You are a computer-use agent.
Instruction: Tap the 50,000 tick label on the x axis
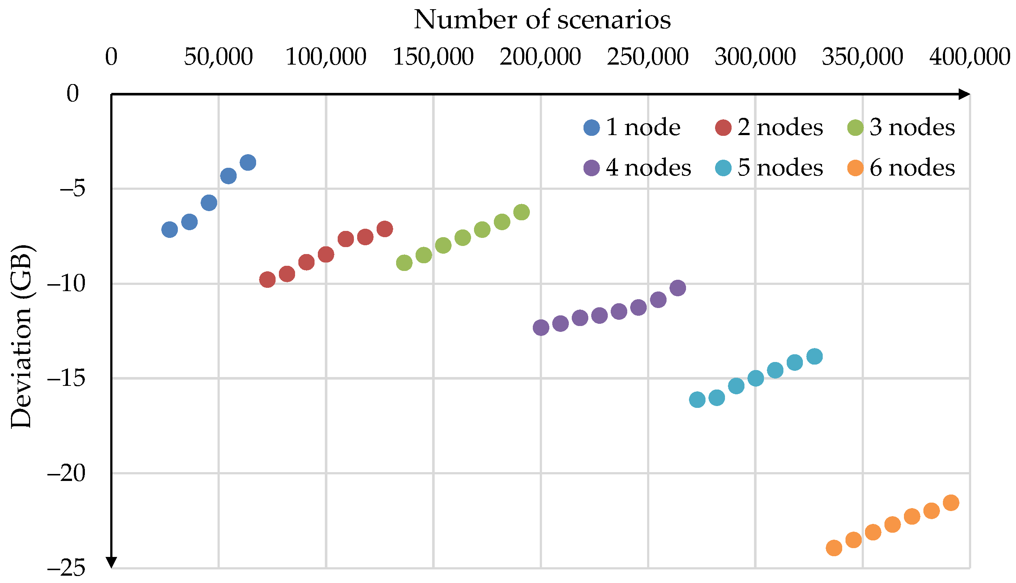[x=218, y=57]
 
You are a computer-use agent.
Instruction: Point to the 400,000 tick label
[x=970, y=57]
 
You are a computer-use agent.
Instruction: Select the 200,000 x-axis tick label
[x=540, y=57]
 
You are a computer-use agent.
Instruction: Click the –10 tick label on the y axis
[x=67, y=284]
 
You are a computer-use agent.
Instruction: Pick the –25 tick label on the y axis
[x=67, y=569]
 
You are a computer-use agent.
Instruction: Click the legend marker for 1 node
[x=592, y=128]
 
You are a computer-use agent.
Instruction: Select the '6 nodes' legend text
[x=912, y=168]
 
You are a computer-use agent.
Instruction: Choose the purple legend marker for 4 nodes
[x=592, y=168]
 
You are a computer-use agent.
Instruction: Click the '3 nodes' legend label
[x=912, y=128]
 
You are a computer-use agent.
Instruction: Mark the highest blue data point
[x=248, y=163]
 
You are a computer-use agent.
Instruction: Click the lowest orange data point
[x=834, y=548]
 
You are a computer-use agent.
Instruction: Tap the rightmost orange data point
[x=951, y=503]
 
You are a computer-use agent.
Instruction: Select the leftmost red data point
[x=267, y=279]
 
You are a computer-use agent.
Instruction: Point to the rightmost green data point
[x=521, y=212]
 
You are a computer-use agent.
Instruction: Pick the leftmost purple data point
[x=541, y=327]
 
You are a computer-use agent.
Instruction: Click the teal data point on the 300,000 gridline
[x=755, y=378]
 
